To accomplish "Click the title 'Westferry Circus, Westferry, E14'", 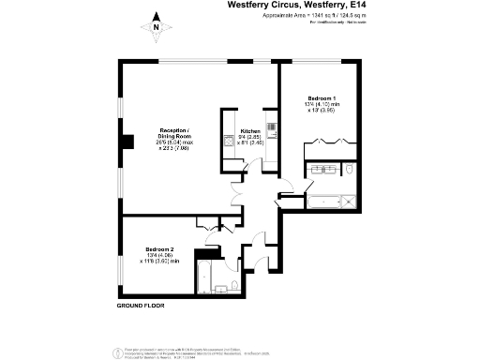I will click(x=296, y=5).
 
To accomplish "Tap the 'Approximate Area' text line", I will click(x=304, y=17).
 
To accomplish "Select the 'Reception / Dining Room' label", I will click(x=173, y=132).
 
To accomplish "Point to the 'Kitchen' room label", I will click(x=249, y=130).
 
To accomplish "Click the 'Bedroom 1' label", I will click(x=322, y=97).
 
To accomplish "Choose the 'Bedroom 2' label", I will click(x=159, y=248).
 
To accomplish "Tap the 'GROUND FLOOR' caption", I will click(x=141, y=307).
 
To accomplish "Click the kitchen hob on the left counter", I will click(x=228, y=142).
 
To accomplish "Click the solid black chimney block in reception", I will click(x=125, y=143).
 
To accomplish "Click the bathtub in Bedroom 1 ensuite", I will click(x=324, y=198).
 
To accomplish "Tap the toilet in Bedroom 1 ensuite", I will click(x=309, y=183).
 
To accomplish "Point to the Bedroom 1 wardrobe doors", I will click(x=322, y=144).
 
